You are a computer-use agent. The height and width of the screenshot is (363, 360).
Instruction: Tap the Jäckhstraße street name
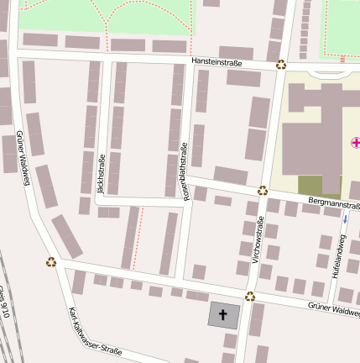click(102, 177)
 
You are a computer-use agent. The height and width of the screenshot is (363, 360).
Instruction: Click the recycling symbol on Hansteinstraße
click(281, 64)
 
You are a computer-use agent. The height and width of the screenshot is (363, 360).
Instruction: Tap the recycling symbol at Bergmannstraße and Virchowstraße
click(263, 191)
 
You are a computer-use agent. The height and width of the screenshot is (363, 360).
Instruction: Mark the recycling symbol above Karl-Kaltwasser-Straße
click(51, 261)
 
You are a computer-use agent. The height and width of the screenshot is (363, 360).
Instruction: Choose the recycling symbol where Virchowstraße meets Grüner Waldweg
click(250, 296)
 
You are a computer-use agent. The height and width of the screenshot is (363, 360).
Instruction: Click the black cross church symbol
click(223, 315)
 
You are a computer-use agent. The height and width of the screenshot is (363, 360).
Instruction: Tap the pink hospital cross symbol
click(355, 143)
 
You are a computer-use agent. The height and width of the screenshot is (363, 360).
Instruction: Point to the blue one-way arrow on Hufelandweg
click(344, 219)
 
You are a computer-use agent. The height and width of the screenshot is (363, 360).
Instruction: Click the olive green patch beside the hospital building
click(310, 186)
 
